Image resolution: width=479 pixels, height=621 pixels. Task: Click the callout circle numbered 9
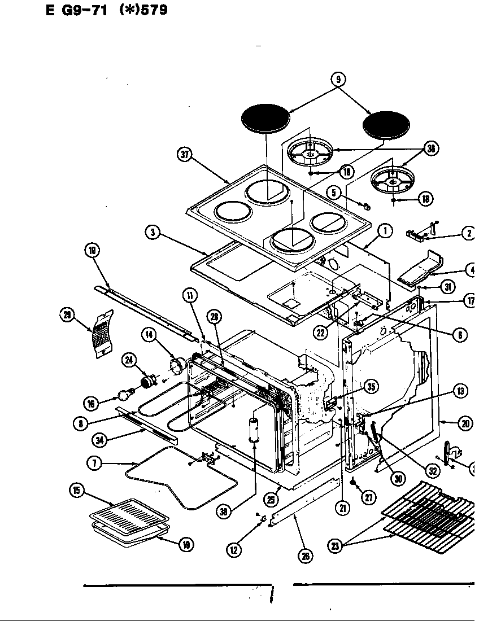pyautogui.click(x=338, y=80)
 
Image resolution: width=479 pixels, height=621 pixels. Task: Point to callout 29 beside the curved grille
pyautogui.click(x=67, y=314)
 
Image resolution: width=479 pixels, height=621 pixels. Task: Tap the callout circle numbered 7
pyautogui.click(x=94, y=463)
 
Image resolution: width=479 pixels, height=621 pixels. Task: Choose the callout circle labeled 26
pyautogui.click(x=305, y=556)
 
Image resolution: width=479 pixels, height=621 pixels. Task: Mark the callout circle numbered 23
pyautogui.click(x=336, y=546)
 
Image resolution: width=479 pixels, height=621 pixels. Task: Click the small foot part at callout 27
pyautogui.click(x=352, y=482)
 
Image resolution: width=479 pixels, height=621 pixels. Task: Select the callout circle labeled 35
pyautogui.click(x=371, y=387)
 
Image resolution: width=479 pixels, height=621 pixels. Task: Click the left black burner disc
pyautogui.click(x=265, y=119)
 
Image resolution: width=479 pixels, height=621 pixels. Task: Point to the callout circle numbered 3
pyautogui.click(x=152, y=232)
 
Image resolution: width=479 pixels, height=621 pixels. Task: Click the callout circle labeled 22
pyautogui.click(x=321, y=333)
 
